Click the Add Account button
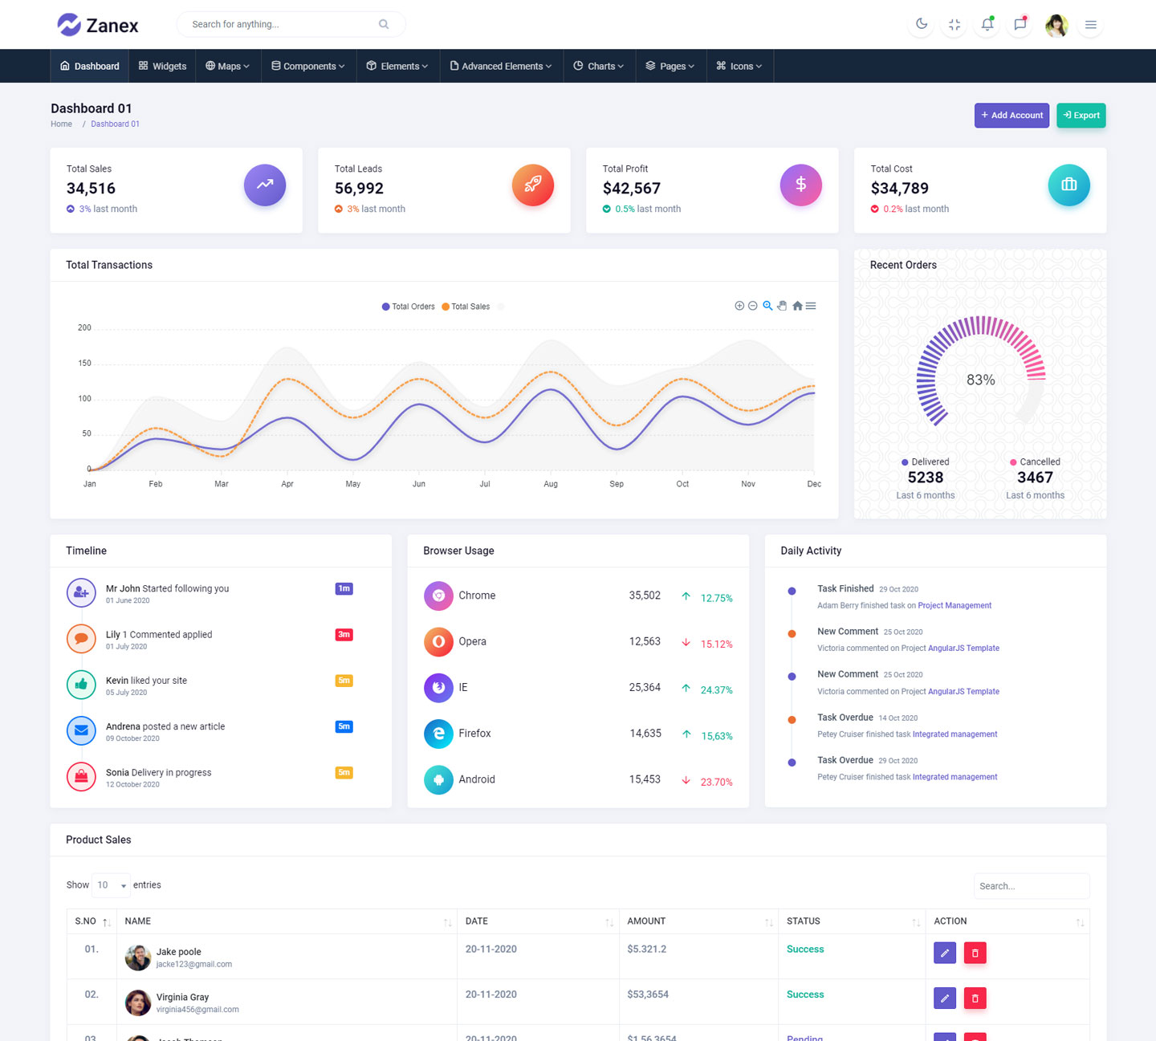(1011, 116)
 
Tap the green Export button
(1081, 116)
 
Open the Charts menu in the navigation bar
(599, 67)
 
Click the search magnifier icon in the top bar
(384, 24)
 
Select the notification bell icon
(987, 24)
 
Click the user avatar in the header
(1056, 25)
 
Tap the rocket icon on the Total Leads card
(533, 185)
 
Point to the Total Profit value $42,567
(632, 189)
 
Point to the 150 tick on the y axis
(84, 364)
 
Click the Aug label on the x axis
(551, 484)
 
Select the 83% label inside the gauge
(980, 380)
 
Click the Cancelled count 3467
(1035, 478)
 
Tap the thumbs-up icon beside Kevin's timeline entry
(81, 685)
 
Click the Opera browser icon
(438, 641)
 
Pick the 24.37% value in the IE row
(716, 690)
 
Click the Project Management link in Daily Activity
(955, 606)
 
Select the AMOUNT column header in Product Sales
(646, 921)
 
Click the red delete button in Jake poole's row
(975, 953)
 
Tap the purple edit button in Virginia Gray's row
(945, 998)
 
